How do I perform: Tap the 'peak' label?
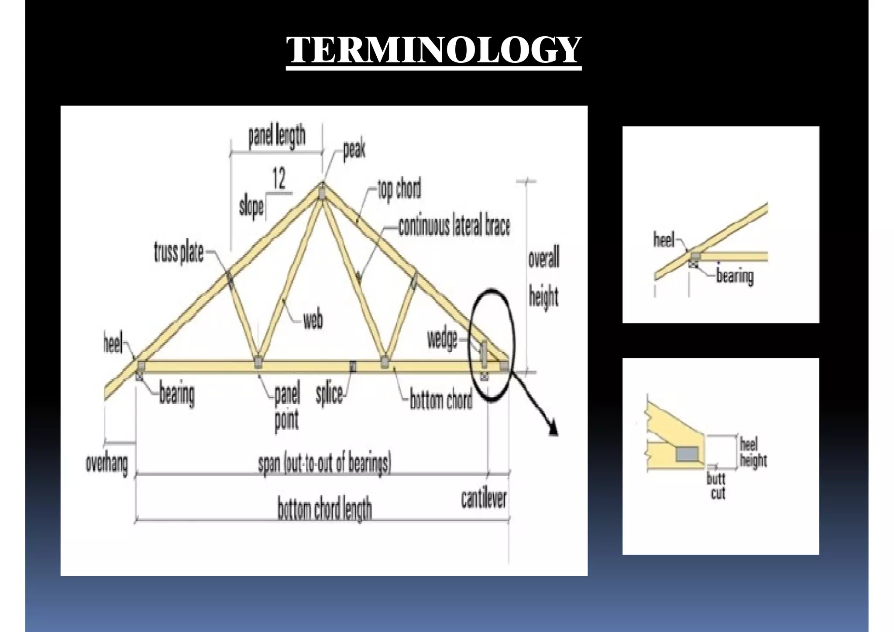click(354, 150)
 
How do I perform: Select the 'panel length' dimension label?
click(277, 136)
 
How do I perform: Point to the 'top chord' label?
click(399, 189)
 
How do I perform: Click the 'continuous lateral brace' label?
click(454, 226)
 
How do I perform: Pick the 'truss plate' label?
click(179, 253)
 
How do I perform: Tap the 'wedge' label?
click(442, 339)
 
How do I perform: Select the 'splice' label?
click(329, 394)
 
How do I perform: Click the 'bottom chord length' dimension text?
click(325, 509)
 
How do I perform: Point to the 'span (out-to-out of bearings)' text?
click(324, 463)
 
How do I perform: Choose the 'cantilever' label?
click(484, 499)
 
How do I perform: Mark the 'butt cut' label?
click(716, 486)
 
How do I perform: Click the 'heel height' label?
click(753, 453)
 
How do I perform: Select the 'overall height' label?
click(543, 278)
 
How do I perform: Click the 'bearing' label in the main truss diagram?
click(177, 394)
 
